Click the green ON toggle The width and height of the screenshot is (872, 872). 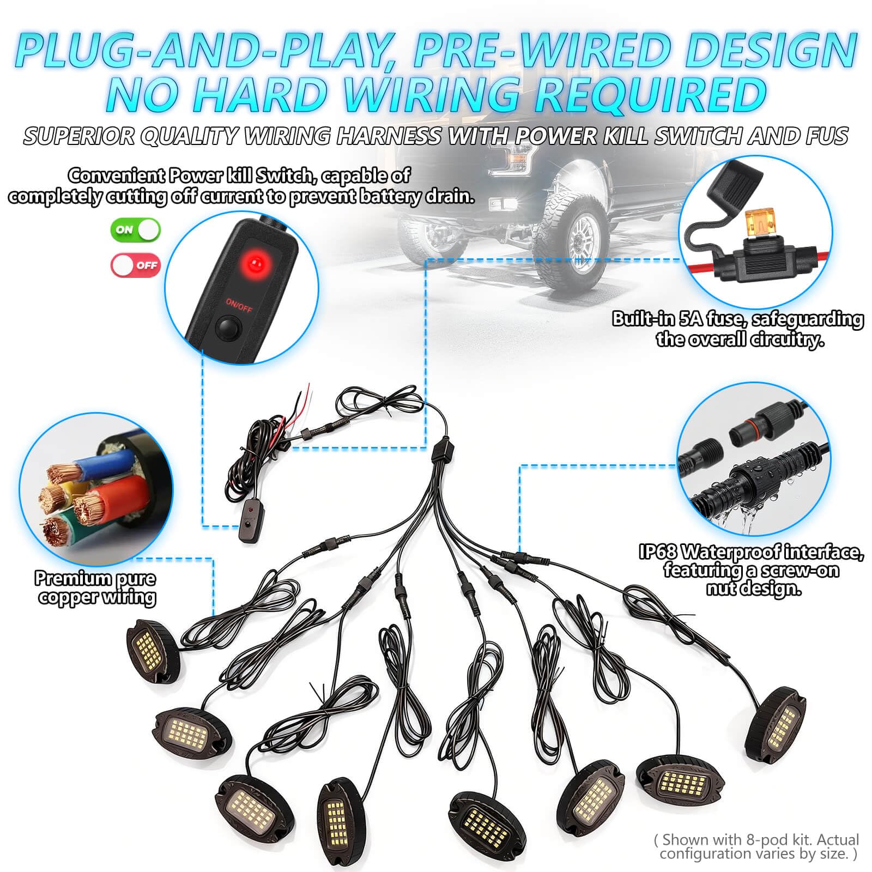click(x=136, y=229)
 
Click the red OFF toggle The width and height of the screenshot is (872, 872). click(x=136, y=265)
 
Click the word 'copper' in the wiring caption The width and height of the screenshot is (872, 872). click(x=69, y=597)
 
